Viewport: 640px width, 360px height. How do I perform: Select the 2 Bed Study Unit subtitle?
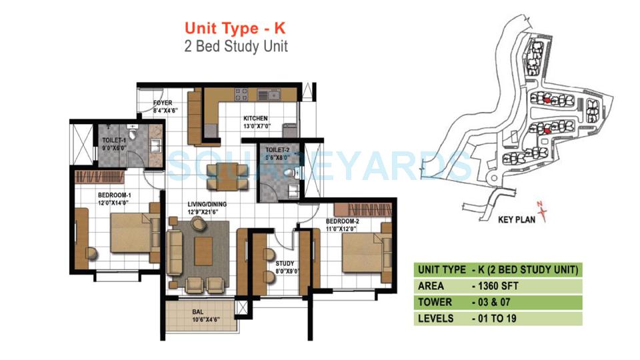tap(236, 46)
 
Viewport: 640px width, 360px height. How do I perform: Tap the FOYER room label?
tap(163, 103)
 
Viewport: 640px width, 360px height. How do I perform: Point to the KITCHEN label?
tap(255, 118)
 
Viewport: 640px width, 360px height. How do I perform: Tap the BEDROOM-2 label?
tap(343, 221)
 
